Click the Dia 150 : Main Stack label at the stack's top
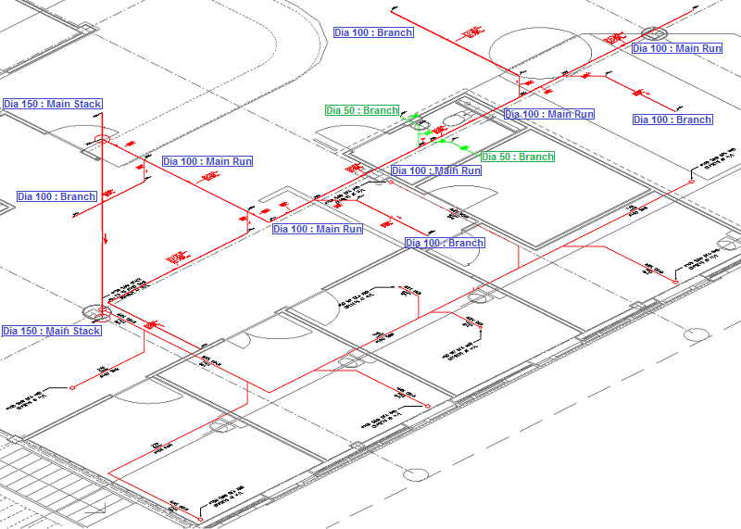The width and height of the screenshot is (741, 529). (x=52, y=104)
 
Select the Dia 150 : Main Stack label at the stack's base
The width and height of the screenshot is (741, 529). (x=51, y=331)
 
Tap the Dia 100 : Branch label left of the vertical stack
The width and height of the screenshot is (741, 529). (x=57, y=196)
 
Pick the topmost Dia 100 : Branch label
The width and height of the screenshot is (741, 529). (x=373, y=32)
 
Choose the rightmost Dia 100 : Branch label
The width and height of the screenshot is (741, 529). (x=672, y=120)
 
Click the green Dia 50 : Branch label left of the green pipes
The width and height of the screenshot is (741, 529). (x=361, y=110)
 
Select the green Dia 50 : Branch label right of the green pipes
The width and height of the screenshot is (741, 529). (x=518, y=157)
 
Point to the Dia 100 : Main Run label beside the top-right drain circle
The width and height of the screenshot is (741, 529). (x=677, y=48)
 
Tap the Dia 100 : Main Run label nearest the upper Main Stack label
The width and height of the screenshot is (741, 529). (x=207, y=161)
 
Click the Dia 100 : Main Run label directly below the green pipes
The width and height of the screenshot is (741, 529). (x=436, y=170)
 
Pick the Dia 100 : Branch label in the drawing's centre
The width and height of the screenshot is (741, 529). (x=445, y=243)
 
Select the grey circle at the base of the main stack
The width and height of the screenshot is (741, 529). (x=95, y=312)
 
